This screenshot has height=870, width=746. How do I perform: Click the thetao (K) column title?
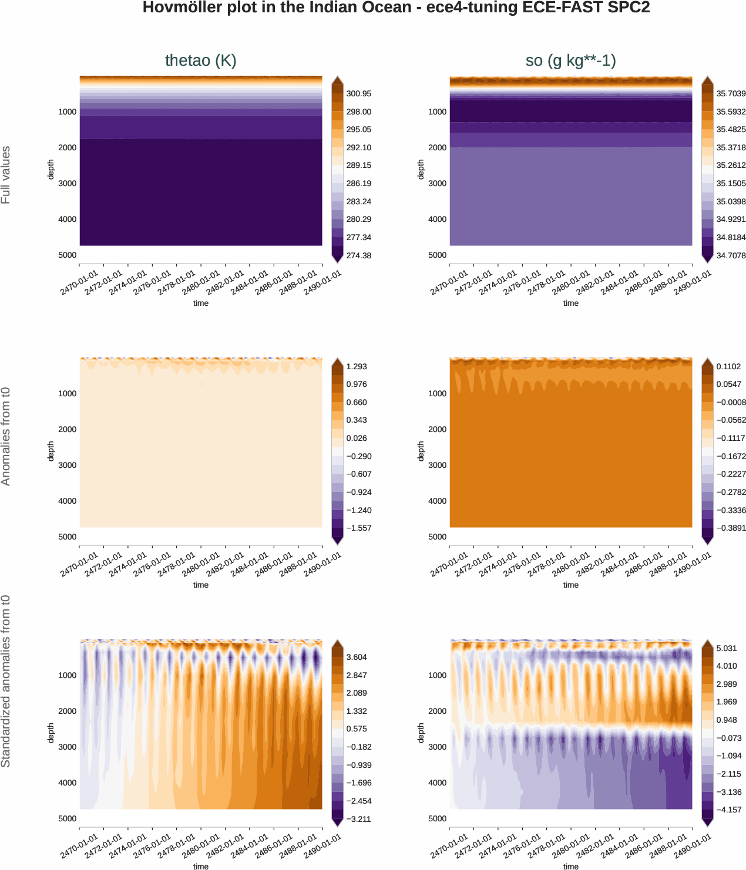click(200, 60)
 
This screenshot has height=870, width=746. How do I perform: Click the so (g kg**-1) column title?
click(570, 60)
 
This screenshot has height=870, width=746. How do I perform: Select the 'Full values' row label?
click(6, 175)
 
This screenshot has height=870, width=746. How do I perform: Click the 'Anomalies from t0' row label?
click(6, 436)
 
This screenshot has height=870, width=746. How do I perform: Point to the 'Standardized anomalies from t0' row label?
click(6, 681)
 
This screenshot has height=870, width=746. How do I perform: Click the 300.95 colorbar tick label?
click(358, 93)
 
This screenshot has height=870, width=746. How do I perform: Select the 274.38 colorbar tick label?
click(358, 255)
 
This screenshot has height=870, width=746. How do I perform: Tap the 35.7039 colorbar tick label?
click(731, 93)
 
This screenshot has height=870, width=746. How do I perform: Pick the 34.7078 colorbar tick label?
click(731, 255)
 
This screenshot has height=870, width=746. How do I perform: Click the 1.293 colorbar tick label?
click(357, 366)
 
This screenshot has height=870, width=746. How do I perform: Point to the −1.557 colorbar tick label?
click(358, 528)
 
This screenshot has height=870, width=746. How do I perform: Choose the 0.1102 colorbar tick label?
click(728, 366)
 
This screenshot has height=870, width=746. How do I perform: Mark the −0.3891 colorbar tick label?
click(731, 528)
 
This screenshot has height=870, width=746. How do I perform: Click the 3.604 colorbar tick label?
click(357, 657)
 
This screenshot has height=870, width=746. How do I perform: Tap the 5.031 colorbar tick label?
click(727, 648)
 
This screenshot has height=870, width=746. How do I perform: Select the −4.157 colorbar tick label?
click(728, 810)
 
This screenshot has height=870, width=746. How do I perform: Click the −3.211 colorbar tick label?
click(358, 819)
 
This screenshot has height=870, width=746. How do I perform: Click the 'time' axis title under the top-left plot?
click(201, 303)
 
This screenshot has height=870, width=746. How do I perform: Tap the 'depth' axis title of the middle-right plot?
click(421, 451)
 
